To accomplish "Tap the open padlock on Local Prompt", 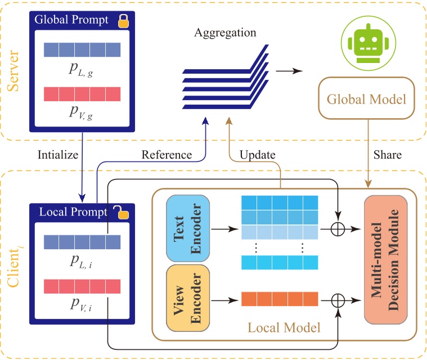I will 121,212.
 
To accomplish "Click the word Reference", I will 167,154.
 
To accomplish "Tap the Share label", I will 387,154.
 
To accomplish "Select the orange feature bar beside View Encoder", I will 280,299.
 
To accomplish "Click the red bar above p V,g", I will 83,93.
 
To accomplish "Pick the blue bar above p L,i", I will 83,241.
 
